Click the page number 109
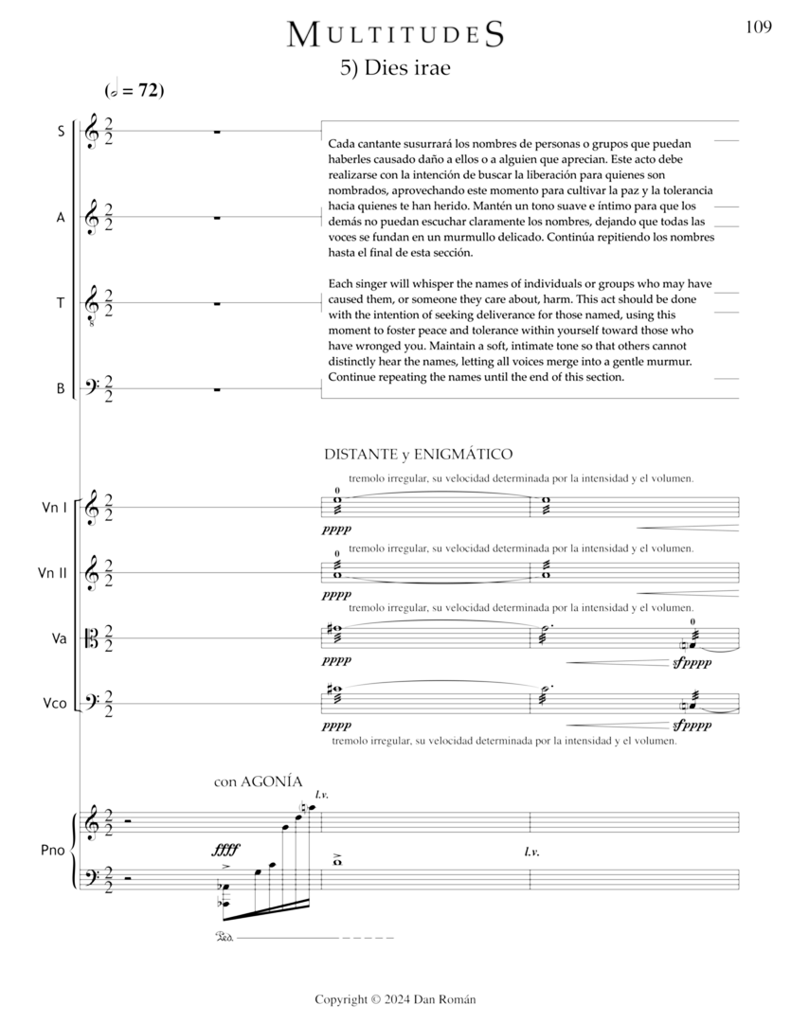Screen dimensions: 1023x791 [758, 27]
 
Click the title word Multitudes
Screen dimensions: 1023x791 [395, 35]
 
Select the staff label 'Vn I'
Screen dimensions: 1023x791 [54, 508]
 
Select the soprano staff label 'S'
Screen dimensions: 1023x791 [61, 132]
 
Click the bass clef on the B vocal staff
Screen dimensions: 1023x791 [93, 388]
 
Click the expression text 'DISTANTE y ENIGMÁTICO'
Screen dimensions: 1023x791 [419, 454]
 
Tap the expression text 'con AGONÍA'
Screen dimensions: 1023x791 [258, 782]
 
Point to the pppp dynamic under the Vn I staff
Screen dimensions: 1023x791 [336, 531]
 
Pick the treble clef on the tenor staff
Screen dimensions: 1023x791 [93, 305]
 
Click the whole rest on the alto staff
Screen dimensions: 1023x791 [217, 219]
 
